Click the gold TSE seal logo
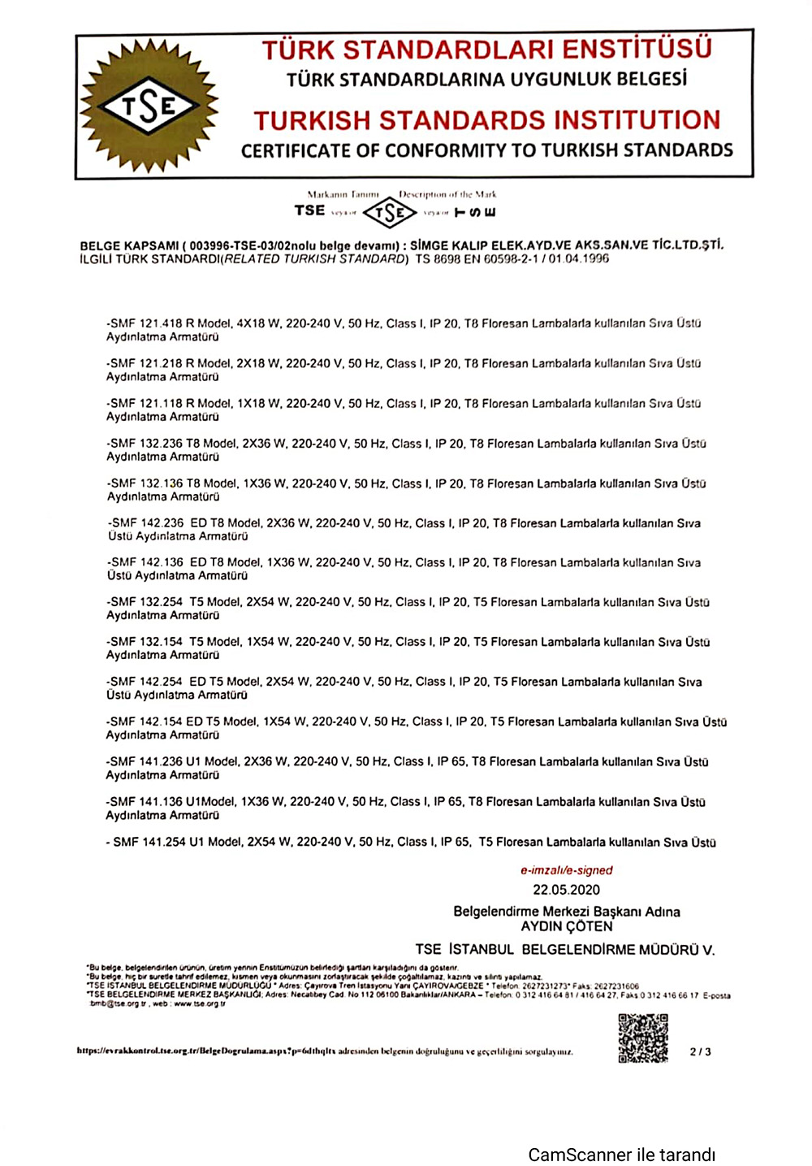pos(149,106)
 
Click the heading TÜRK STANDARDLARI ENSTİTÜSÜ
pos(486,50)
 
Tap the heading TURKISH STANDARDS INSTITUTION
pos(486,120)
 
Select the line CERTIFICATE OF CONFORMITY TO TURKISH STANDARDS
pos(486,150)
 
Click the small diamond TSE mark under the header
pos(389,213)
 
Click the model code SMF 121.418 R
pos(152,323)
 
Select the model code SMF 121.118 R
pos(152,403)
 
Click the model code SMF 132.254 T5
pos(155,602)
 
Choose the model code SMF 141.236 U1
pos(155,761)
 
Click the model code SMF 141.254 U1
pos(158,842)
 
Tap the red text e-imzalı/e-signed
pos(566,870)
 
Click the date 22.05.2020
pos(566,890)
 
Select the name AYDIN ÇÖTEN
pos(566,926)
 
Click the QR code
pos(642,1038)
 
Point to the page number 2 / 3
pos(700,1051)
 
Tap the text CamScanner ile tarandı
pos(621,1155)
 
